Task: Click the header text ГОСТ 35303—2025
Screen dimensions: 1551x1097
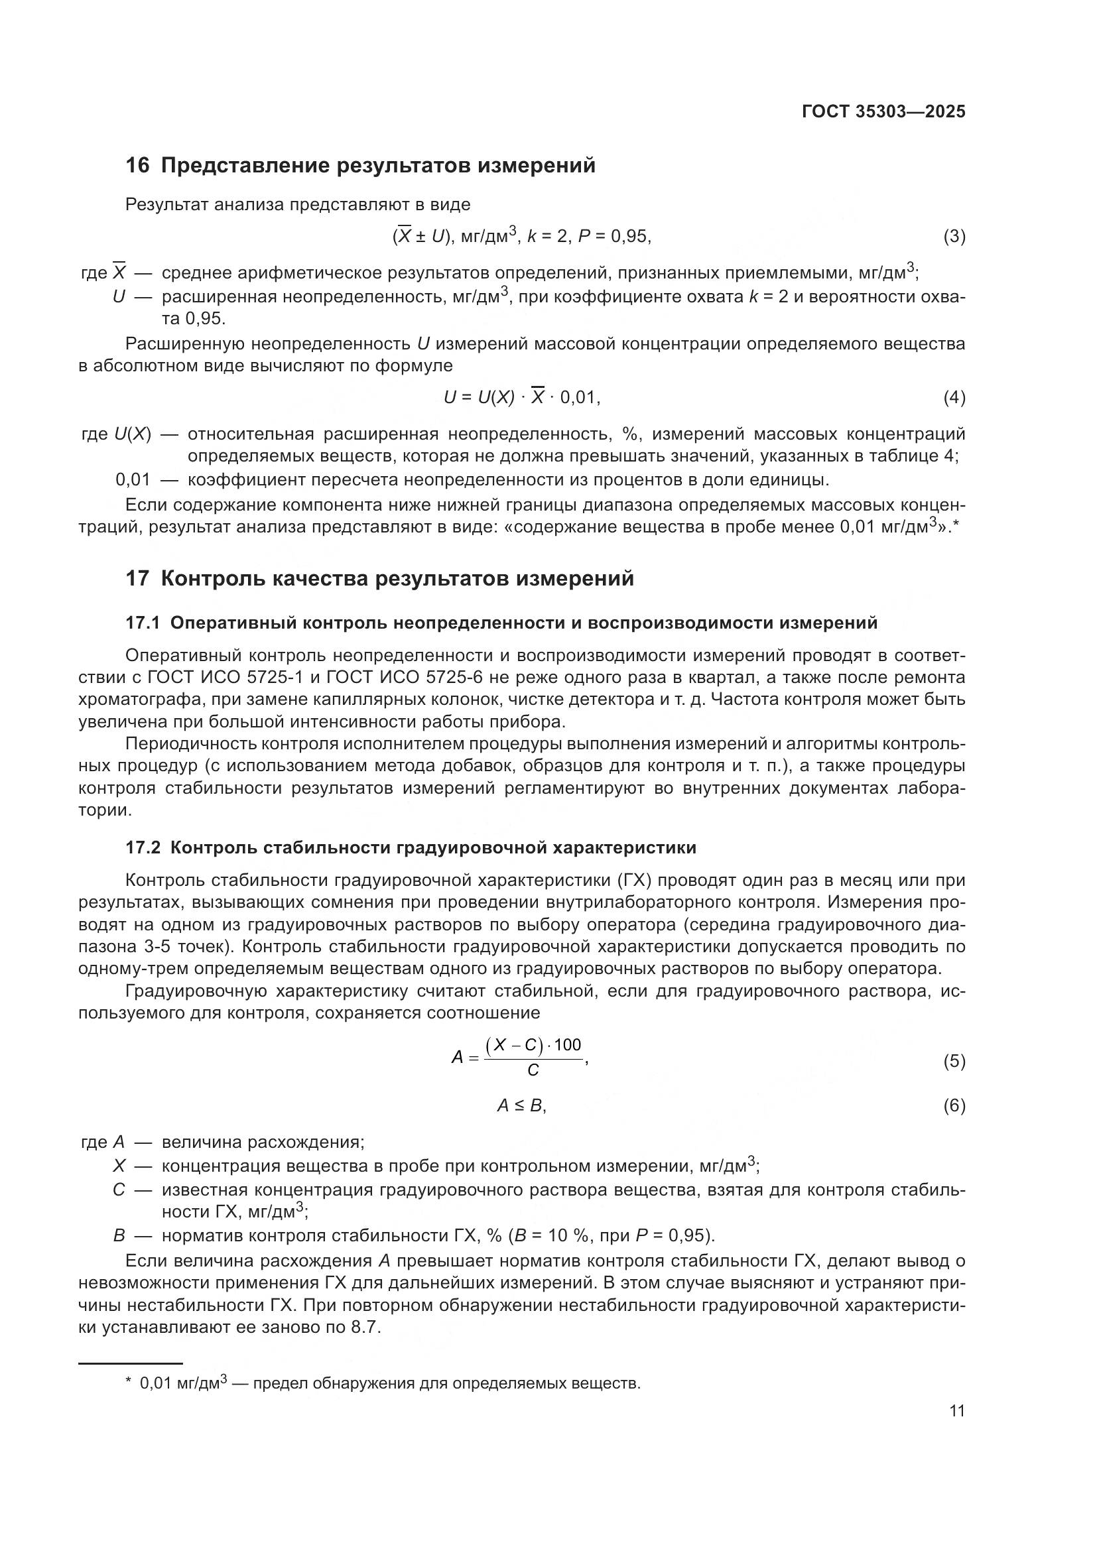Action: tap(883, 111)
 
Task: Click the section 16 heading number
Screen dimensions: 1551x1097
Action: tap(137, 166)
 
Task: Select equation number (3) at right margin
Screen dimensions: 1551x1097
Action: tap(954, 237)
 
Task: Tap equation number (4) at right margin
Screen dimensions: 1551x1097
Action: tap(954, 398)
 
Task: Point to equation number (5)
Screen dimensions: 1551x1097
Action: tap(954, 1061)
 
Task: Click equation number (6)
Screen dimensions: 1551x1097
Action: tap(954, 1106)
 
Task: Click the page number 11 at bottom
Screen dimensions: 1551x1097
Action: tap(956, 1411)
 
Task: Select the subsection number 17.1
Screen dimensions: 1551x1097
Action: tap(142, 623)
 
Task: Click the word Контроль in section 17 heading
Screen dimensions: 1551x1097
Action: tap(213, 579)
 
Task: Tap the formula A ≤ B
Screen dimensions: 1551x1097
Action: tap(521, 1106)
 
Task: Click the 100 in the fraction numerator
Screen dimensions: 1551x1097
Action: tap(568, 1045)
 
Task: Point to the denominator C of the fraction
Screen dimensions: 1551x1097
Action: tap(533, 1071)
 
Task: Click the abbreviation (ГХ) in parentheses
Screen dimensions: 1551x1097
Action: tap(634, 881)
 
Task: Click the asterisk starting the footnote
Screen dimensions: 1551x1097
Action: tap(129, 1381)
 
